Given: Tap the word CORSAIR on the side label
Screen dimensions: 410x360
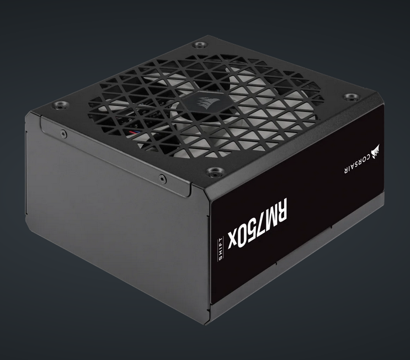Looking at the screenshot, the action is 356,163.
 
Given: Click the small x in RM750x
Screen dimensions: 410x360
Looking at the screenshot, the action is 231,241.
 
